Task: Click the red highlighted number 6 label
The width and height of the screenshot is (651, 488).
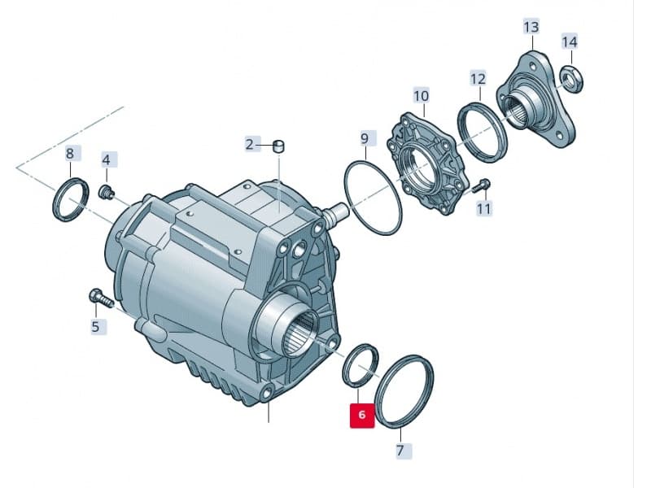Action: (x=361, y=416)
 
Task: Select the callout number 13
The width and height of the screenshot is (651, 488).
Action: (x=531, y=27)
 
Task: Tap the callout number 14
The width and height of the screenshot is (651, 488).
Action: (x=570, y=41)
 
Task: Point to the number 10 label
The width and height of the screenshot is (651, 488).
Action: (x=421, y=96)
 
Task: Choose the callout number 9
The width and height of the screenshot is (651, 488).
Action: (x=364, y=138)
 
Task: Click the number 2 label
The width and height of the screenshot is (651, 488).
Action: (x=251, y=145)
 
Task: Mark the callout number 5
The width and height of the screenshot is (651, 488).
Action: (x=95, y=327)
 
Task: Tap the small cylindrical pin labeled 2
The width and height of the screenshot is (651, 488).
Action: (x=277, y=146)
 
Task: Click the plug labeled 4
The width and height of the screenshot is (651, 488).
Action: (x=104, y=192)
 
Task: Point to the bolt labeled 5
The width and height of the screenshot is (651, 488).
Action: (x=98, y=298)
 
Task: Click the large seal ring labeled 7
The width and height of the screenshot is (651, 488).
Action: (x=406, y=390)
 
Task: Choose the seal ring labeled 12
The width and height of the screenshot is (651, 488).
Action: (x=483, y=130)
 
